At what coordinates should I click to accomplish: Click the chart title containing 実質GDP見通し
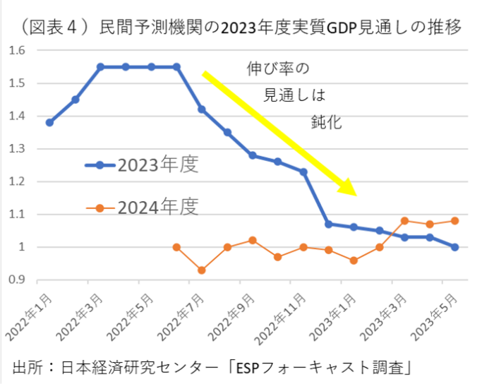(241, 28)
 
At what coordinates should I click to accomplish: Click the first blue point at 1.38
(49, 122)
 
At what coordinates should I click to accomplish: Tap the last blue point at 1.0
(454, 247)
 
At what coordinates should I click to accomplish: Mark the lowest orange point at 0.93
(202, 270)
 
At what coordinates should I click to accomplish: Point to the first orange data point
(176, 247)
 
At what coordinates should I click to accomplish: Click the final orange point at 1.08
(454, 221)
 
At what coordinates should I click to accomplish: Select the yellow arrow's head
(350, 189)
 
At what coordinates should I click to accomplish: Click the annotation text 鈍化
(326, 121)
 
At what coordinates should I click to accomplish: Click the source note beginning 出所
(212, 368)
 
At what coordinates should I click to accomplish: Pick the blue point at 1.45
(75, 100)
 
